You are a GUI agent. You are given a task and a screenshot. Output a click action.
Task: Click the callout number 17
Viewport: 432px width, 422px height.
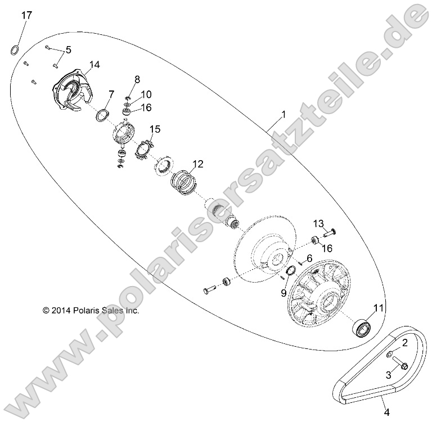click(26, 15)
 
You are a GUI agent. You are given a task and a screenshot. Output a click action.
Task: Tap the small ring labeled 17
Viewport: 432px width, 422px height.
click(15, 50)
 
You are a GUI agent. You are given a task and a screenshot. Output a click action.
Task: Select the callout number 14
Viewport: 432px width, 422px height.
click(94, 65)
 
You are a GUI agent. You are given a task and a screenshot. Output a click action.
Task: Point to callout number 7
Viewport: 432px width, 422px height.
click(111, 93)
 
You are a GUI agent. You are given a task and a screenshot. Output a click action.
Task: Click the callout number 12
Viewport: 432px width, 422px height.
click(197, 165)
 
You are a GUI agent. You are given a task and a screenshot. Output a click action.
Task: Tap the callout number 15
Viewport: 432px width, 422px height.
click(155, 129)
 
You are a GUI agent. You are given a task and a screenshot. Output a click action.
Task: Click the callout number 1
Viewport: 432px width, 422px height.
click(283, 115)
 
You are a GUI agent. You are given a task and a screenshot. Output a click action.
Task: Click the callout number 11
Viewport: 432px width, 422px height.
click(379, 307)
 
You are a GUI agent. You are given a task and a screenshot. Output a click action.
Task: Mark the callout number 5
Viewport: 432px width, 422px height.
click(68, 50)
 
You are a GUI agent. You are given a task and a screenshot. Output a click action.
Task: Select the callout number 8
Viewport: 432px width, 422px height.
click(137, 79)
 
